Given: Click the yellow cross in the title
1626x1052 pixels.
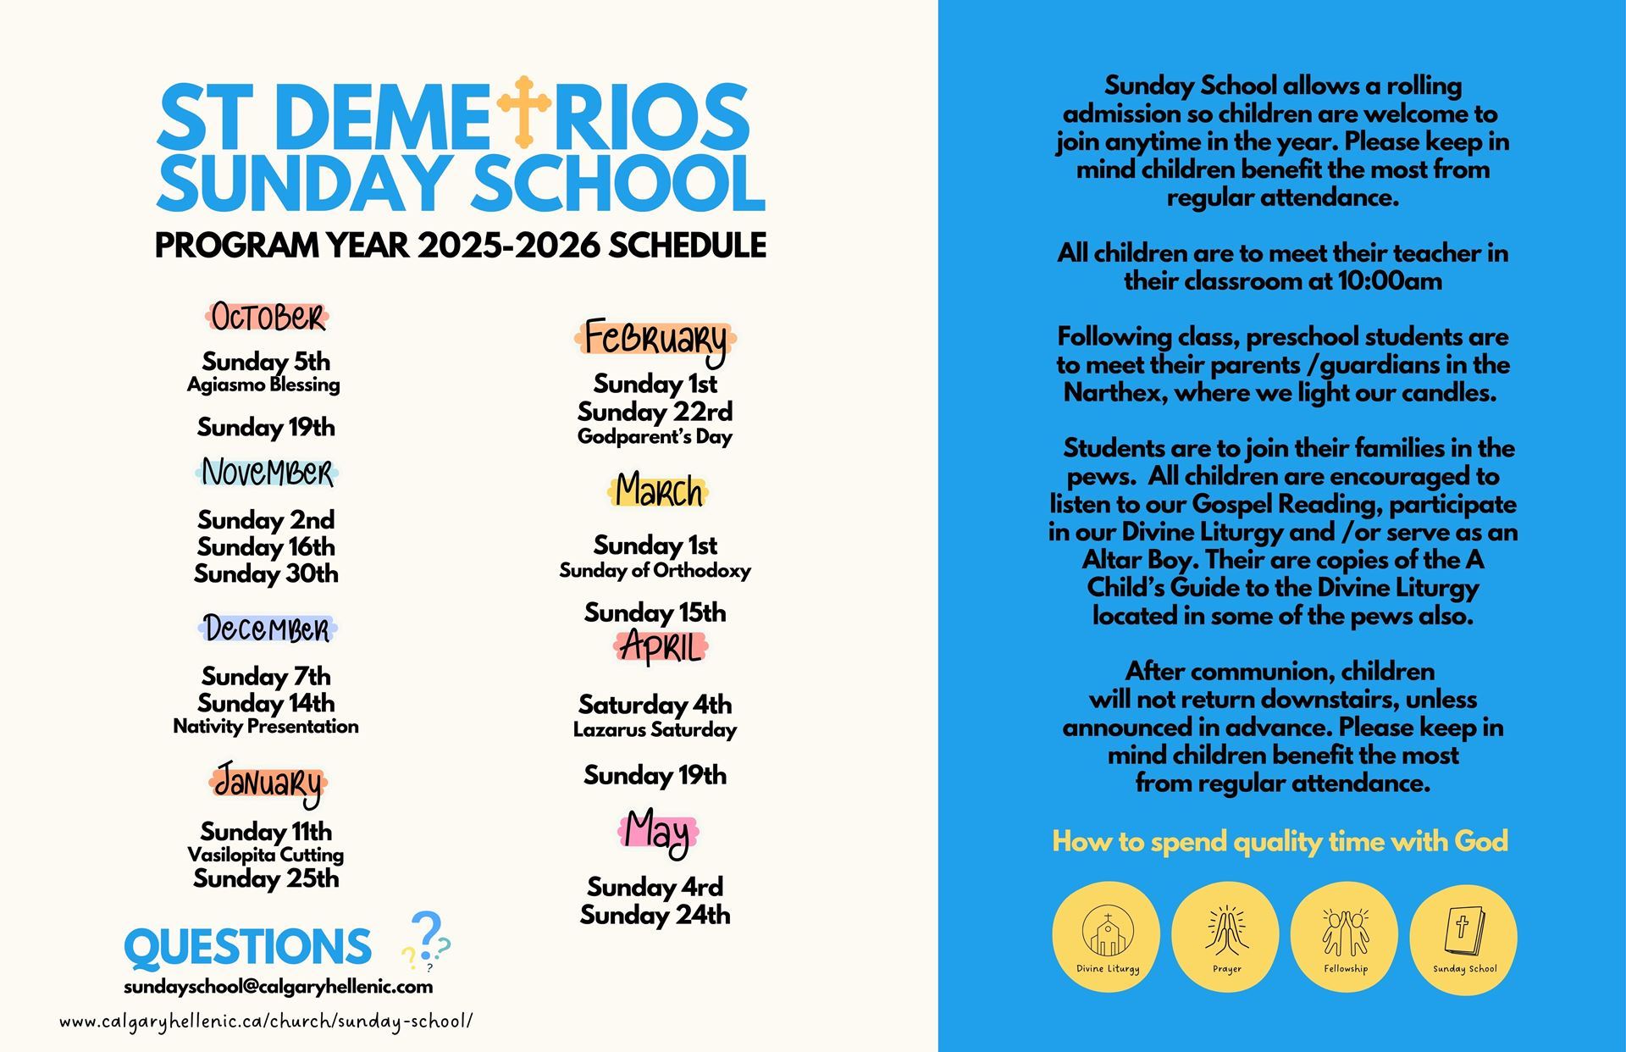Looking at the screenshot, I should point(523,111).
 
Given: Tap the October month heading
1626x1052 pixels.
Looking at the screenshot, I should point(267,318).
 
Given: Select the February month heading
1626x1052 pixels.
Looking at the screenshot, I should point(655,339).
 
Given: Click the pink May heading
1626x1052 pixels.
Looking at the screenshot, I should point(657,832).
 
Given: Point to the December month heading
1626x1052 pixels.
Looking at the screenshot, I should point(267,628).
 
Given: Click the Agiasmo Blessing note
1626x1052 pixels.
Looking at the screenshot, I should point(263,385).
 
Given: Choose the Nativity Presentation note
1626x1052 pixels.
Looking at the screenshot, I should point(266,726).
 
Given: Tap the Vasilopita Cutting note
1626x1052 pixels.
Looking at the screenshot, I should point(266,855).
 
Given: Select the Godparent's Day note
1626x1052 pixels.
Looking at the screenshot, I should point(655,437).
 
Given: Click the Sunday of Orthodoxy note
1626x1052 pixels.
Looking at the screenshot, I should point(655,570).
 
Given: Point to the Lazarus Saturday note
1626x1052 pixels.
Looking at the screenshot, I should point(655,729).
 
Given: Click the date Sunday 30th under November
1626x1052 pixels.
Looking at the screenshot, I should point(266,574).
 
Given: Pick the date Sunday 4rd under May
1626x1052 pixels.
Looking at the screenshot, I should point(655,887).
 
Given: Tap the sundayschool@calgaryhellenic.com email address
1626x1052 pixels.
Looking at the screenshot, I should point(278,987).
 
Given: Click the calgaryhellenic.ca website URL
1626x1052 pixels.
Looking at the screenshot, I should point(266,1022).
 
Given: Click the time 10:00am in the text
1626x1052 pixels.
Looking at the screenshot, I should point(1389,281).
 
